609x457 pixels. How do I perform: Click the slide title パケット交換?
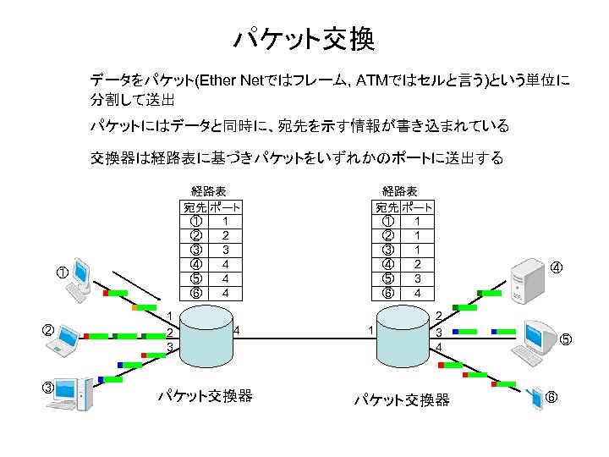pyautogui.click(x=304, y=39)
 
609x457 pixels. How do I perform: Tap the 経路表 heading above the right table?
pyautogui.click(x=400, y=191)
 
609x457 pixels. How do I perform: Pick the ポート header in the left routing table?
pyautogui.click(x=225, y=206)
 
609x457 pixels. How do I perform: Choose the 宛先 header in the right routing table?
pyautogui.click(x=387, y=206)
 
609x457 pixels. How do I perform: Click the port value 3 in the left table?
pyautogui.click(x=225, y=250)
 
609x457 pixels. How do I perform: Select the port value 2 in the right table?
pyautogui.click(x=417, y=264)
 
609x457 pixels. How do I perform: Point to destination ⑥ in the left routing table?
pyautogui.click(x=195, y=293)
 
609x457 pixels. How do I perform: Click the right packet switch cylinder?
pyautogui.click(x=403, y=332)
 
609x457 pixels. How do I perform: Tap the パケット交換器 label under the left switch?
pyautogui.click(x=206, y=395)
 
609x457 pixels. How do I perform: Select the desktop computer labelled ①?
pyautogui.click(x=82, y=279)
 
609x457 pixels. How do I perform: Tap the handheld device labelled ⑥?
pyautogui.click(x=535, y=399)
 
